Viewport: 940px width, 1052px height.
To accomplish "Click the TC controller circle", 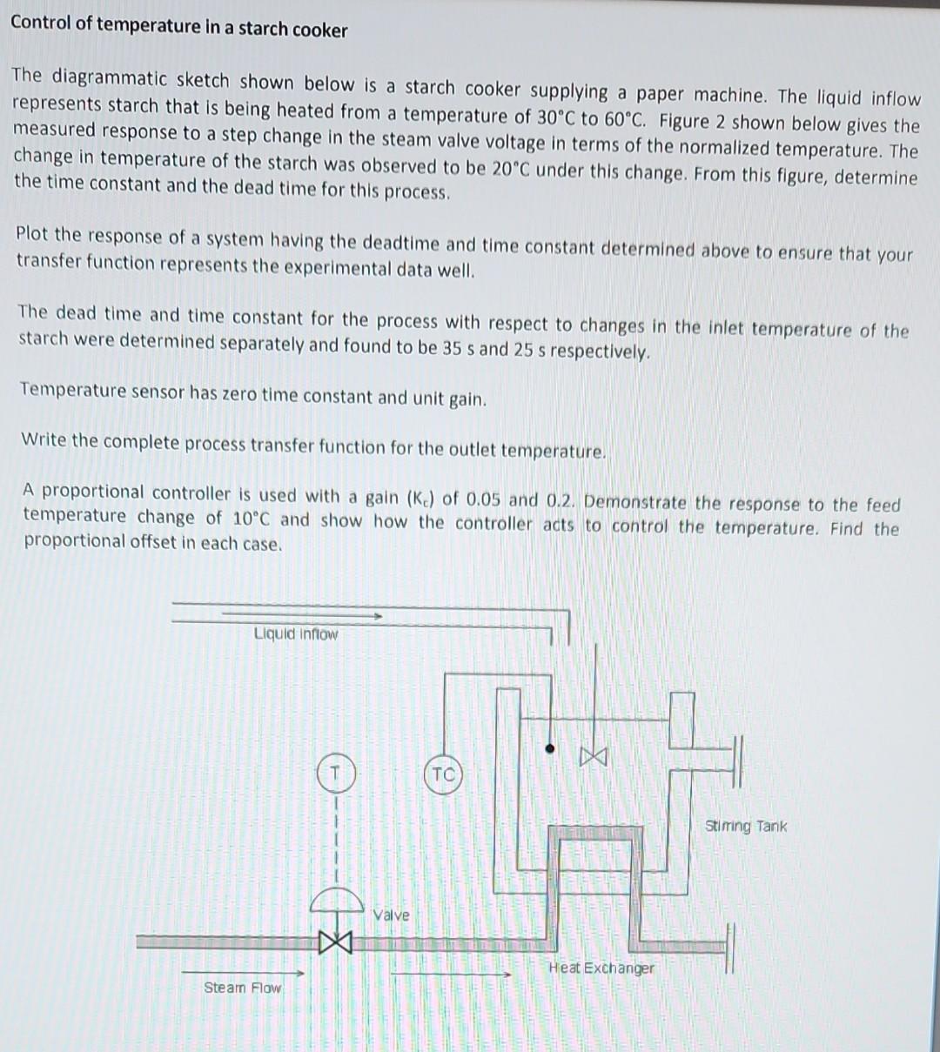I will click(x=443, y=774).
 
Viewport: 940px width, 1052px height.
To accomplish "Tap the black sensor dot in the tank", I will click(x=550, y=747).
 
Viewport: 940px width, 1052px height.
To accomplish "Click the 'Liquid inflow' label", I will click(x=296, y=633).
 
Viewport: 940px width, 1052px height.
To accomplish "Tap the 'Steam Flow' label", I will click(x=243, y=988).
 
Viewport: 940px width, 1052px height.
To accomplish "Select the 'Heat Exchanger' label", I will click(x=601, y=968).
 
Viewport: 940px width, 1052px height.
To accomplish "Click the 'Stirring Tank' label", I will click(x=745, y=826).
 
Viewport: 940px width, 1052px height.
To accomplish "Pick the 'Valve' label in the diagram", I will click(x=391, y=915).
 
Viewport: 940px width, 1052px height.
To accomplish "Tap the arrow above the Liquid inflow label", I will click(x=300, y=614).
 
